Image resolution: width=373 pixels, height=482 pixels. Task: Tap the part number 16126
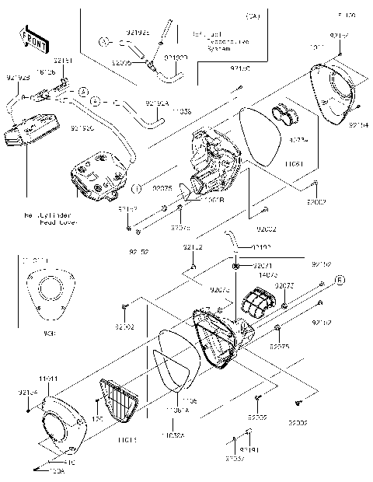click(x=46, y=72)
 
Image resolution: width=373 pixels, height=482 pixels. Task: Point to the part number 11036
click(x=180, y=112)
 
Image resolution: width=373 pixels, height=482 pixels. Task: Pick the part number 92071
click(x=264, y=265)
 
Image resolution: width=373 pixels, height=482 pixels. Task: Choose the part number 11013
click(x=128, y=439)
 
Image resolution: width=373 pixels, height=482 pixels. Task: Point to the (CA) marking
click(x=252, y=16)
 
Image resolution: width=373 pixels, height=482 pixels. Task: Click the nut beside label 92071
click(x=235, y=267)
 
